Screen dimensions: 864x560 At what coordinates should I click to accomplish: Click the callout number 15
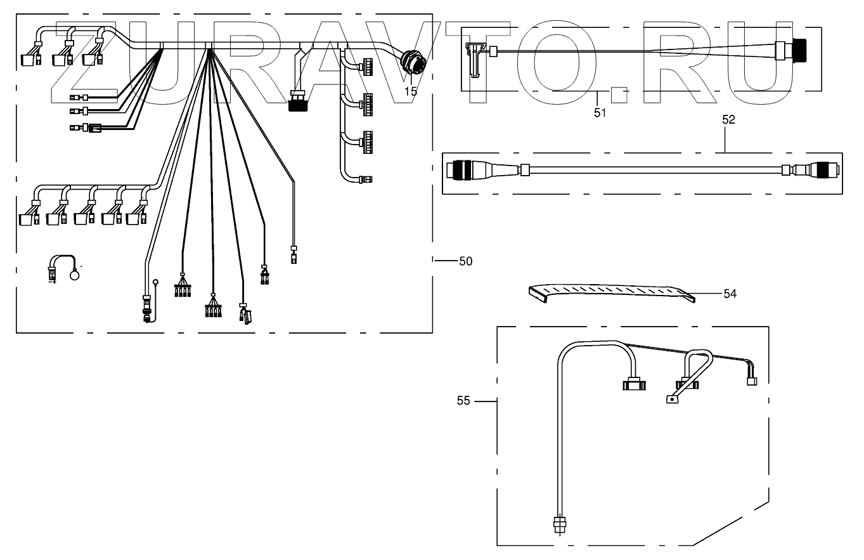coord(411,92)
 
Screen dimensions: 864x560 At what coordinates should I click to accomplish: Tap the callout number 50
coord(465,261)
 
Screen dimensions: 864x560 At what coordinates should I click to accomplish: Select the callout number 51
coord(600,113)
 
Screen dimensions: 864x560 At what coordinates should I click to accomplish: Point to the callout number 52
coord(728,120)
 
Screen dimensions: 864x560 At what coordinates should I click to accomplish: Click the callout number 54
coord(730,294)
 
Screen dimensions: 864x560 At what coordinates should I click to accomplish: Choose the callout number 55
coord(463,401)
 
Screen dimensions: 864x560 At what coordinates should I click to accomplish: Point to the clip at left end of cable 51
coord(475,60)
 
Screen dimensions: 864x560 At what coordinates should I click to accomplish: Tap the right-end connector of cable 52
coord(825,170)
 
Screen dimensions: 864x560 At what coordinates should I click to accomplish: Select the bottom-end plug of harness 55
coord(560,525)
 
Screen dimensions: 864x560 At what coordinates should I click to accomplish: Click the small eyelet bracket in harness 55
coord(672,400)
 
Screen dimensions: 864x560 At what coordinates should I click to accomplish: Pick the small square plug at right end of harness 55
coord(752,381)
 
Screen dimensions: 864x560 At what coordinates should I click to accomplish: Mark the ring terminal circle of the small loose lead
coord(74,275)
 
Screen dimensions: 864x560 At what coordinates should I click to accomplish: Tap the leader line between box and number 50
coord(446,261)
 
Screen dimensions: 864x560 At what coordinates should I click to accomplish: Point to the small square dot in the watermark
coord(620,95)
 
